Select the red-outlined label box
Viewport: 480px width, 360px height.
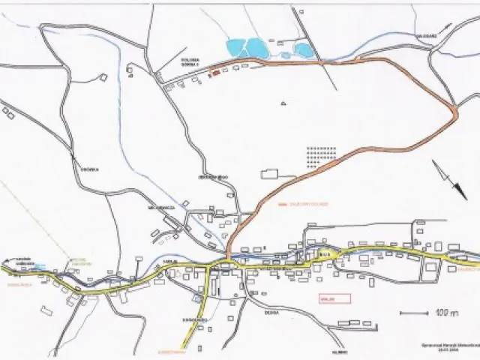pos(334,298)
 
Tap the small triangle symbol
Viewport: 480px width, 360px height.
pos(283,103)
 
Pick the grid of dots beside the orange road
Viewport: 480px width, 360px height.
pos(322,154)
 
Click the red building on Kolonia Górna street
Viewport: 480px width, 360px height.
pos(215,73)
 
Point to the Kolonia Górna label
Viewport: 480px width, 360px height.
pos(191,62)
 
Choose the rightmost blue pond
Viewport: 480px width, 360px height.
pos(304,49)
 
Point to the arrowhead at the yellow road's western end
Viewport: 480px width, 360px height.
pos(4,266)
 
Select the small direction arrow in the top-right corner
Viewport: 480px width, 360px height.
pos(447,28)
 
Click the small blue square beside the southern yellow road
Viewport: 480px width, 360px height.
pos(197,298)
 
